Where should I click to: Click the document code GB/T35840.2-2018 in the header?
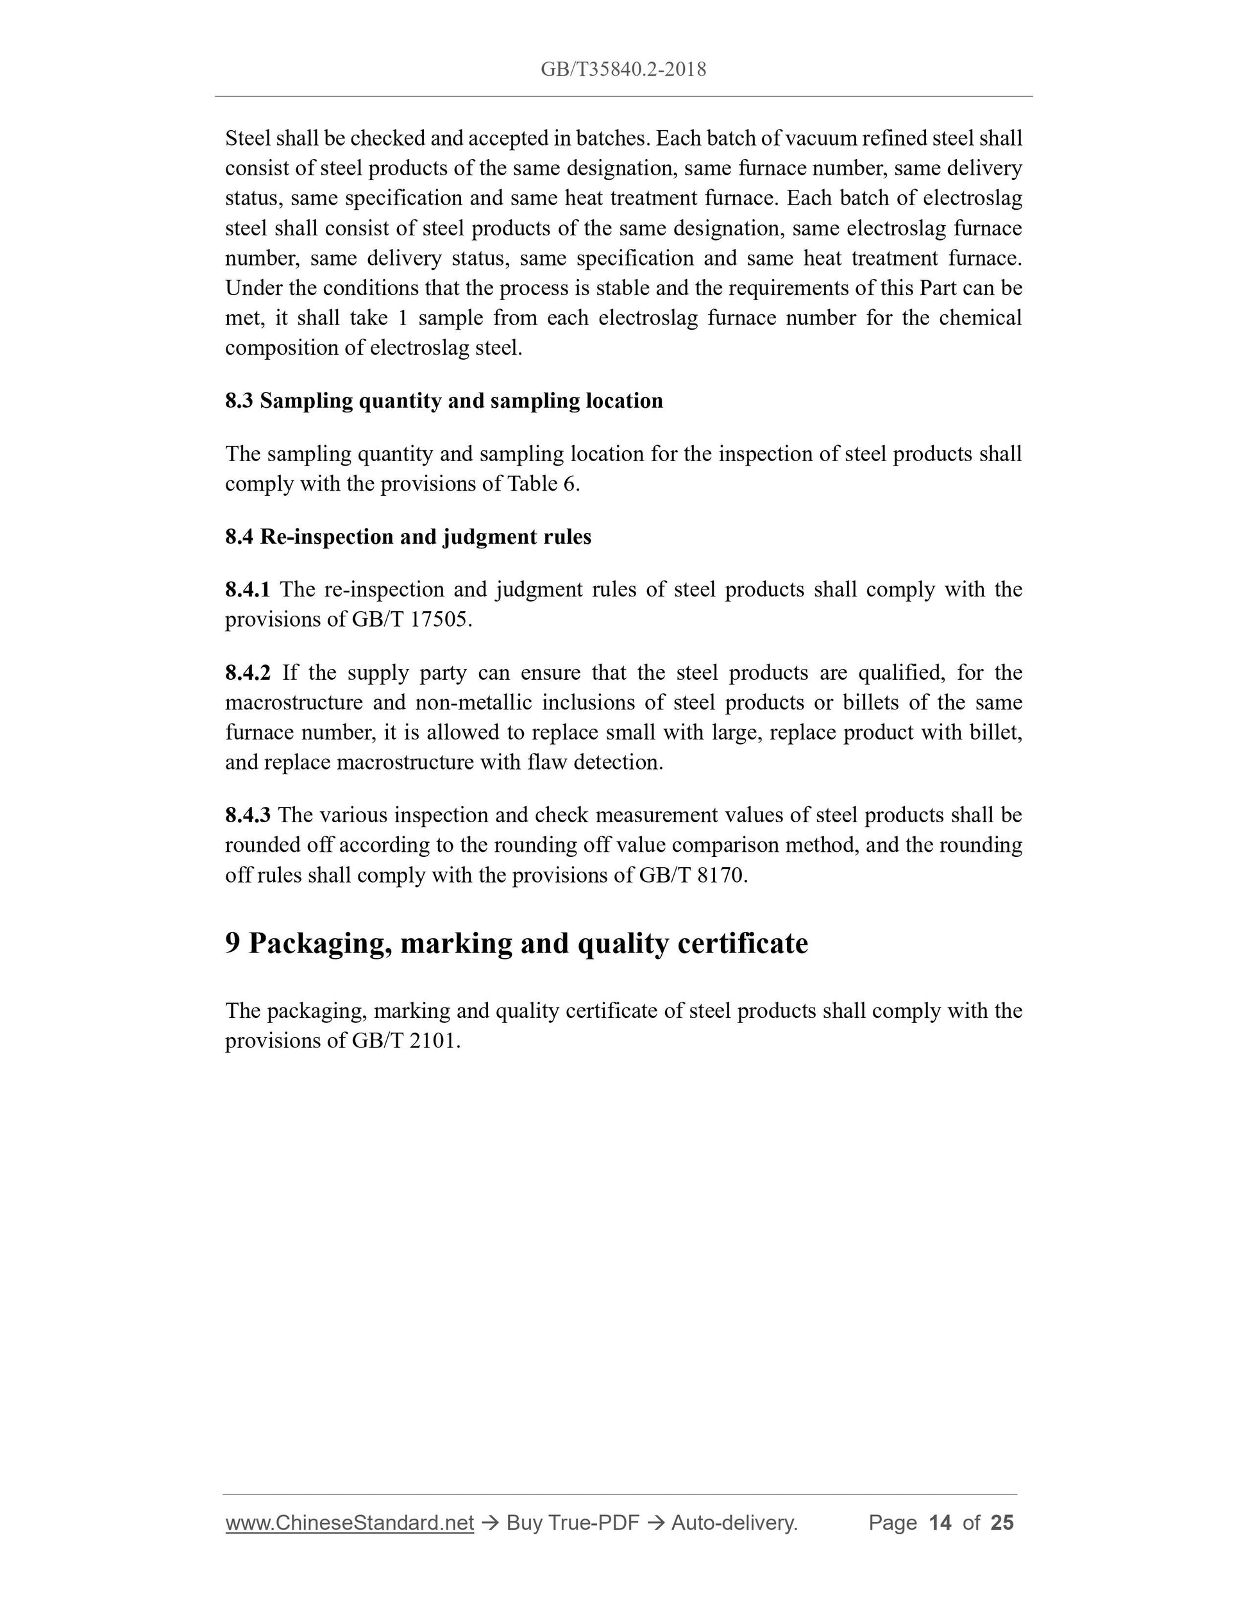coord(623,69)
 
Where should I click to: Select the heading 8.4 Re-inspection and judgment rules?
coord(408,537)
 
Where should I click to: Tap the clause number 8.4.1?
coord(248,589)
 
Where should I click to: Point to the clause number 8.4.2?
coord(248,673)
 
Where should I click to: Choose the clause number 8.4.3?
coord(248,815)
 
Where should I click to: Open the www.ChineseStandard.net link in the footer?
coord(349,1523)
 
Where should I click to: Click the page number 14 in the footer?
coord(940,1523)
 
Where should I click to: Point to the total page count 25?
coord(1002,1523)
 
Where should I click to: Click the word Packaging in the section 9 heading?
coord(320,944)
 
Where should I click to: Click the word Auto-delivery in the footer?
coord(734,1523)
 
